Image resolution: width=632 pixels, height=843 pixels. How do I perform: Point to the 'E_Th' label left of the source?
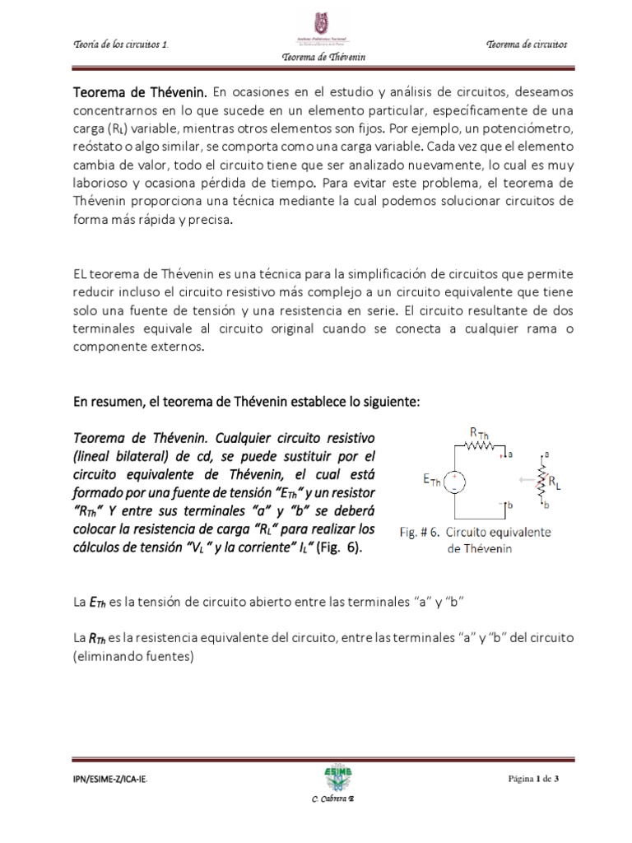click(x=430, y=479)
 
